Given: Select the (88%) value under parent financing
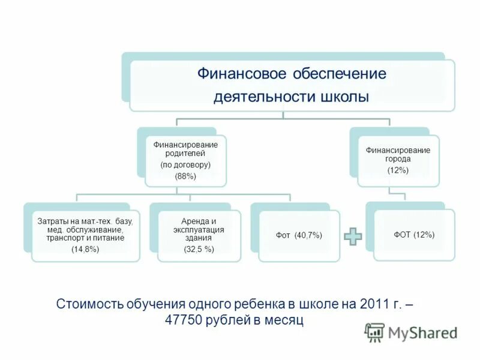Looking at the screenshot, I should click(x=185, y=176).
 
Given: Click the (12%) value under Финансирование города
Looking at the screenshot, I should click(x=398, y=170).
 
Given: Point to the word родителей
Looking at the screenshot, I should click(x=185, y=154).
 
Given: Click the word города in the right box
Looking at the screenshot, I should click(x=398, y=160).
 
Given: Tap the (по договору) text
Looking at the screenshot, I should click(x=185, y=164).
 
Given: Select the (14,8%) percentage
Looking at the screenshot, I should click(x=85, y=248).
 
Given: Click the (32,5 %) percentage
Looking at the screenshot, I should click(x=199, y=248).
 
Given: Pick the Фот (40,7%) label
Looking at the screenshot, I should click(x=299, y=236).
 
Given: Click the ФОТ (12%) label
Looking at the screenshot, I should click(x=414, y=235).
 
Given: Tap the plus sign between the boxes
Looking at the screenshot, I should click(x=353, y=236).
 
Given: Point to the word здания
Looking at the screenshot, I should click(x=199, y=238).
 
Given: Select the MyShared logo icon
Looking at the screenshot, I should click(x=375, y=332).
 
